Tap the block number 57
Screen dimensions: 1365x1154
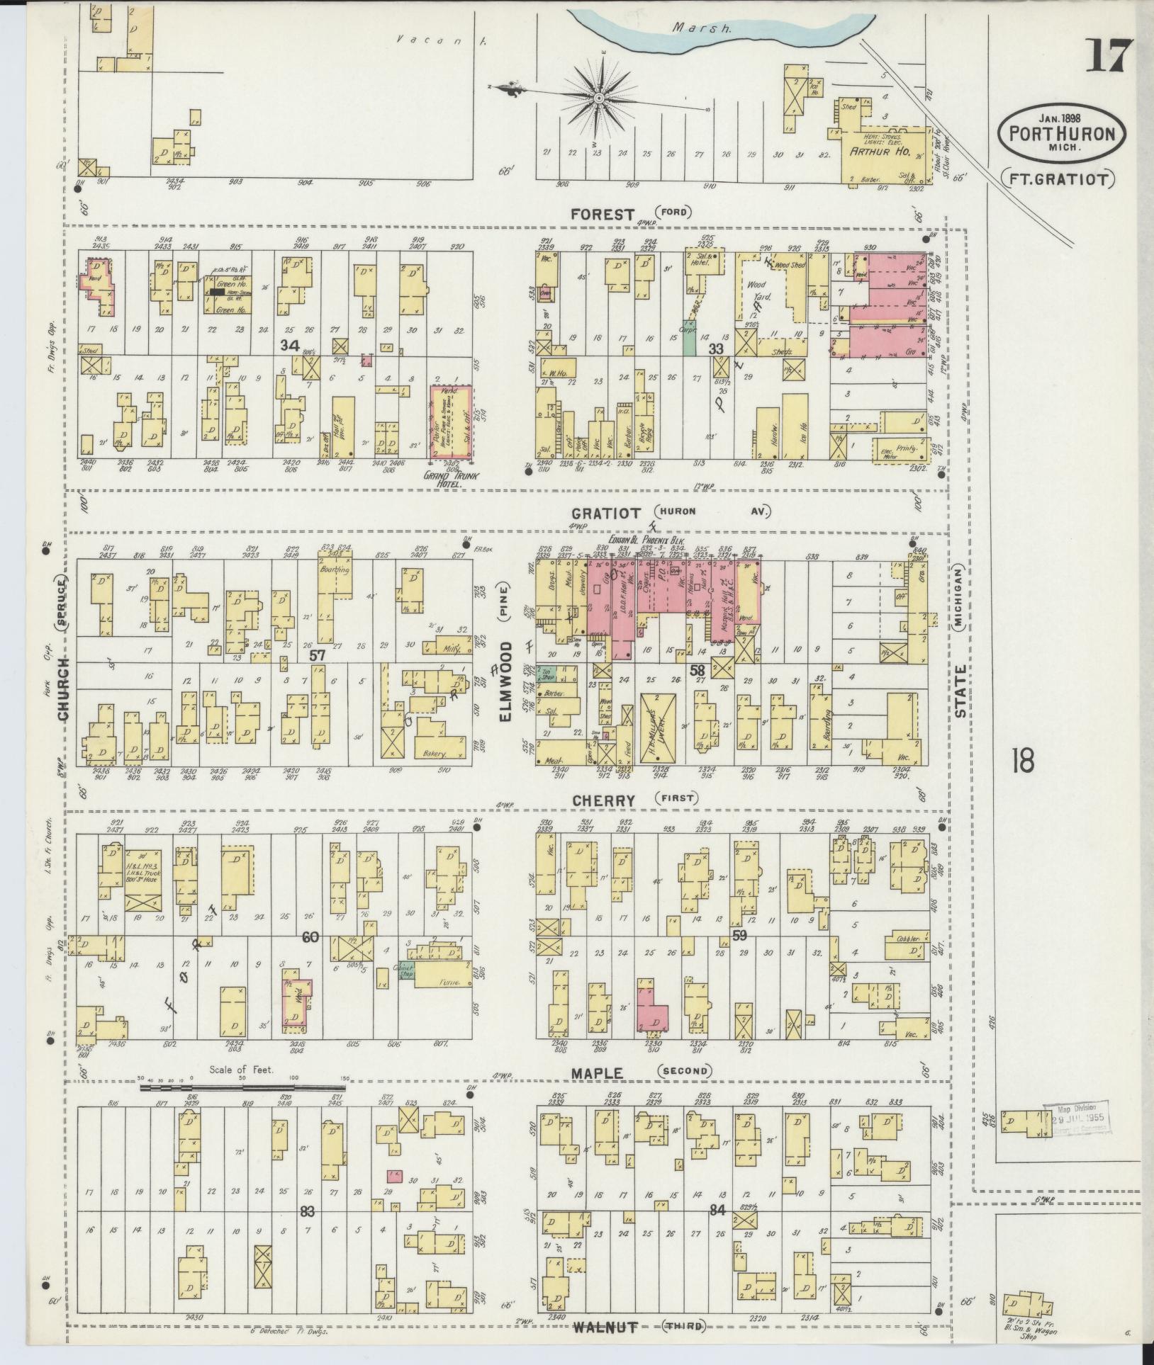[x=316, y=655]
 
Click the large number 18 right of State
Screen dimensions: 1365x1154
[x=1024, y=761]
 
